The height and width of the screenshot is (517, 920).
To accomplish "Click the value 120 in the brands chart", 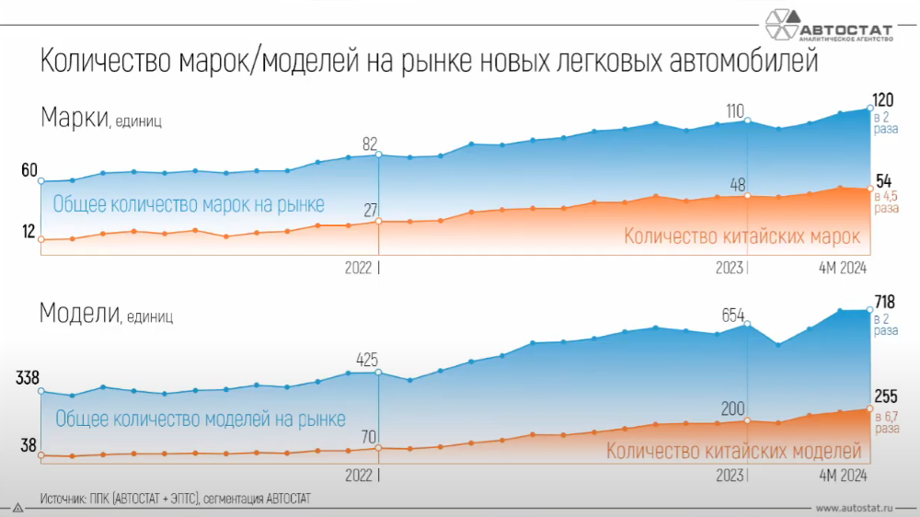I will point(884,98).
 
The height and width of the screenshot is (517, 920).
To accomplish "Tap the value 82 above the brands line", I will point(370,144).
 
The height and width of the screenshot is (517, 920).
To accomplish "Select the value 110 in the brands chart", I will point(734,111).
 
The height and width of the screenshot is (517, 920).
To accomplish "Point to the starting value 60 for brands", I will point(29,170).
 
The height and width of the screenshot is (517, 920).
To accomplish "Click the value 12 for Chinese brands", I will point(29,232).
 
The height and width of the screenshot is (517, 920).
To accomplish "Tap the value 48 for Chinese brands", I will point(735,182).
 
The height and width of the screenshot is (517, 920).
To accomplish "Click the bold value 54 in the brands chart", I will point(884,180).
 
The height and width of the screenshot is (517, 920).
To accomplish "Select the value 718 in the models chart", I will point(885,301).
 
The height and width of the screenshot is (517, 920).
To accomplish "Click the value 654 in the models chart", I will point(734,316).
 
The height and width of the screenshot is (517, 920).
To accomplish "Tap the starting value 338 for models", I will point(26,378).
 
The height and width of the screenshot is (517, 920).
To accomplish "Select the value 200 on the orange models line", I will point(733,408).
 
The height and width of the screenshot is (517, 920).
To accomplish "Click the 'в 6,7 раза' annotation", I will point(886,422).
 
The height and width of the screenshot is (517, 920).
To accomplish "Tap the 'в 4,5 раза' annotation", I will point(886,201).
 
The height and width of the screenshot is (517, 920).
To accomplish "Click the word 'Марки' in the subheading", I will point(75,119).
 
